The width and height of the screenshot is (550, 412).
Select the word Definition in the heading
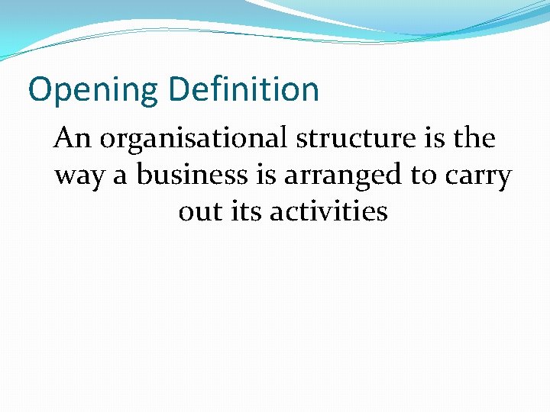pos(244,89)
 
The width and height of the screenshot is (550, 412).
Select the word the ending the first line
pos(474,139)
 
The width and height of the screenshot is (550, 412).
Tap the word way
pos(79,176)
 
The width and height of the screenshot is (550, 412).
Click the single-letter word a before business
pos(120,176)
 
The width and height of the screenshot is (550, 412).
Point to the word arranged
pos(344,176)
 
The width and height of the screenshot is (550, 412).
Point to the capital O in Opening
pos(40,90)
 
